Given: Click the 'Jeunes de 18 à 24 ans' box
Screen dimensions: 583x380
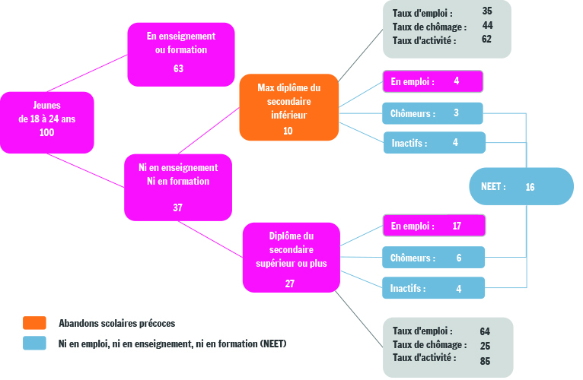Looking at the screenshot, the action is tap(47, 122).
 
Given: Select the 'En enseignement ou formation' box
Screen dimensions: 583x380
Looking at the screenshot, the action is tap(181, 55).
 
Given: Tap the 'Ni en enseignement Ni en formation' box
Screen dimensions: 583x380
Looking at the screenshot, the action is tap(178, 187).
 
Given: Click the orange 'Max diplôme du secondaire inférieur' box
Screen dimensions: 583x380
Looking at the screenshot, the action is tap(289, 107).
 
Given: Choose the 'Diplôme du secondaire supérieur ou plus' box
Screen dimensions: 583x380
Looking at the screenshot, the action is tap(291, 258).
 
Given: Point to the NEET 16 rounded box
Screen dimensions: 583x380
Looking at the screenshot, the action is tap(521, 186).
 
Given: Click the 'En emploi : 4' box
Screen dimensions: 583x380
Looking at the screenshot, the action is tap(433, 81).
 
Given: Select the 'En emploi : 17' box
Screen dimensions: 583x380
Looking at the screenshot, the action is tap(434, 226).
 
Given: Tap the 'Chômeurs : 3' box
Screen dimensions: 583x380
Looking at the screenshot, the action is tap(432, 113).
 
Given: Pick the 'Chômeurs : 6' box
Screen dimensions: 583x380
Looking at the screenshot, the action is tap(434, 258).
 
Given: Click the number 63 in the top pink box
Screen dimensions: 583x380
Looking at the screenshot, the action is tap(178, 68).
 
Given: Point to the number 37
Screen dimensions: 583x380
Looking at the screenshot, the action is tap(178, 207).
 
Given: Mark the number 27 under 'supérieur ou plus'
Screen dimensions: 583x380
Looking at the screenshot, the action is tap(290, 283).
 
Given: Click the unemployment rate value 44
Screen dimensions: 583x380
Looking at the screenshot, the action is tap(487, 25).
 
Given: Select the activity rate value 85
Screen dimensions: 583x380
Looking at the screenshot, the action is tap(485, 361).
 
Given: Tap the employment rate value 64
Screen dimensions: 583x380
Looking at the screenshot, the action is tap(485, 331).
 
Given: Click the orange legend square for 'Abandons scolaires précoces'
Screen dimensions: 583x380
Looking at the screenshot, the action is tap(34, 323).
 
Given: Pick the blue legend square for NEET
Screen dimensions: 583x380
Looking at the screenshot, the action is tap(34, 344).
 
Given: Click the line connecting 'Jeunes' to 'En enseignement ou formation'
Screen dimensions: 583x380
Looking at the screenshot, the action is tap(88, 73).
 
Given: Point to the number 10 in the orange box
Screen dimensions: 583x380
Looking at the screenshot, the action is tap(288, 131).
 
